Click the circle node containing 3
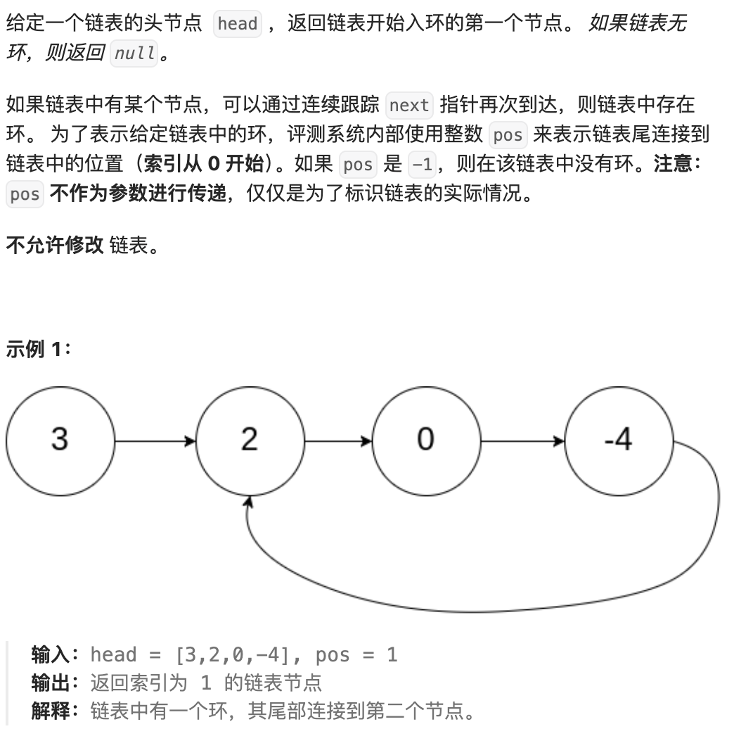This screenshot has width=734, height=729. click(x=60, y=440)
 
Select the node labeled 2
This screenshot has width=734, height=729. click(x=249, y=440)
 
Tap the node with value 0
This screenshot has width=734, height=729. click(x=425, y=440)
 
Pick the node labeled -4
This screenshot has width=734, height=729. click(x=618, y=440)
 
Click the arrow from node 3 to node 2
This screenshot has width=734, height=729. click(x=155, y=441)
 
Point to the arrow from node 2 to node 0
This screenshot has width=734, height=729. click(x=337, y=441)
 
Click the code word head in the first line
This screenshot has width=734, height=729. click(x=237, y=25)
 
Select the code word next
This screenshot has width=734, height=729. click(x=408, y=106)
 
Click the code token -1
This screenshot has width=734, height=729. click(x=423, y=165)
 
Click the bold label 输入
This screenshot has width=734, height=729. click(x=51, y=655)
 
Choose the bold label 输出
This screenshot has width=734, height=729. click(x=51, y=683)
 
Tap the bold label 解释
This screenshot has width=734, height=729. click(x=51, y=711)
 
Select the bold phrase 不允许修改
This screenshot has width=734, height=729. click(x=55, y=246)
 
